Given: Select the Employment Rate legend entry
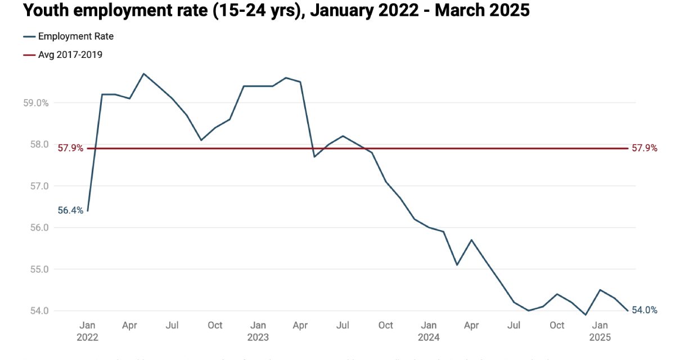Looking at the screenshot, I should point(76,37).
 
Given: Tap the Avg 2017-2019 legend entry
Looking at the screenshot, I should point(70,55).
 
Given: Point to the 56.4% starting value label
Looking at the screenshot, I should point(70,210).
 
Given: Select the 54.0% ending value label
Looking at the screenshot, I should point(644,310).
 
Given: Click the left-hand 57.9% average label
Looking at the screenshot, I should point(70,148).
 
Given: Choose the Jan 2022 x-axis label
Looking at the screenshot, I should point(87,331).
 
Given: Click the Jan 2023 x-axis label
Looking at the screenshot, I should point(258,331).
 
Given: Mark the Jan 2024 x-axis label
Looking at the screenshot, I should point(429,331).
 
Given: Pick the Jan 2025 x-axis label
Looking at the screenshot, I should point(600,331).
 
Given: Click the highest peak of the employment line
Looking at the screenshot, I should point(144,74).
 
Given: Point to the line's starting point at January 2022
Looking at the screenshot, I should point(88,211).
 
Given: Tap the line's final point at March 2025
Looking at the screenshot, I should point(628,310).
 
